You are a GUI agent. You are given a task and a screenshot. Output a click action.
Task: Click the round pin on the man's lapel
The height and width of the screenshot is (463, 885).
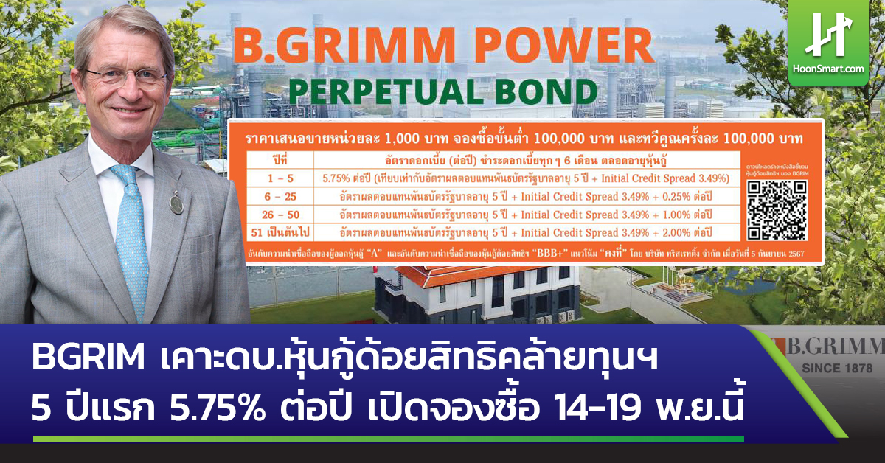point(176,202)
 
